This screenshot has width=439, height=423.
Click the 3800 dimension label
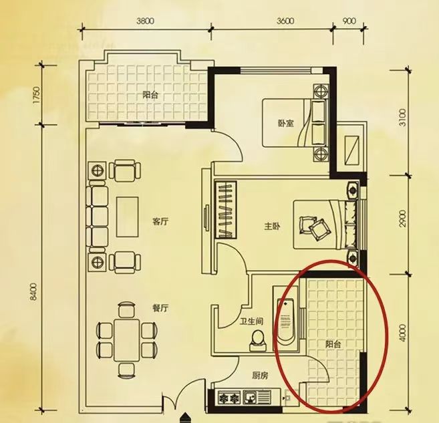(145, 21)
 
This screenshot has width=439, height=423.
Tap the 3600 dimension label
(285, 21)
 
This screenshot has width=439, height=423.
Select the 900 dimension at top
(349, 21)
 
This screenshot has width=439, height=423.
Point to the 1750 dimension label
(37, 95)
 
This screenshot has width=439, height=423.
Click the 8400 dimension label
(33, 292)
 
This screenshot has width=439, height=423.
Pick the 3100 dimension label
(402, 118)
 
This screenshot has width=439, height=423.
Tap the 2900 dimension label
(402, 219)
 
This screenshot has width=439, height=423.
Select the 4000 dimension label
(402, 333)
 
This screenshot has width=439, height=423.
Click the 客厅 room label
(160, 222)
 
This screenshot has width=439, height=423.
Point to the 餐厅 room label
(160, 308)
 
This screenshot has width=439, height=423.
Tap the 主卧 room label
(273, 226)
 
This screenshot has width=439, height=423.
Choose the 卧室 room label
(286, 123)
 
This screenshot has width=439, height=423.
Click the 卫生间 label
(251, 321)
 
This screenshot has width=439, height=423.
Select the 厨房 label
(260, 376)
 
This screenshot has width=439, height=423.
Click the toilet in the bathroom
(257, 340)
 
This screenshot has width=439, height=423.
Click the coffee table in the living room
(128, 217)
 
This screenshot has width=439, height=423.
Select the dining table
(126, 340)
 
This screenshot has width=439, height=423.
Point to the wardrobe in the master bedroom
(226, 210)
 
